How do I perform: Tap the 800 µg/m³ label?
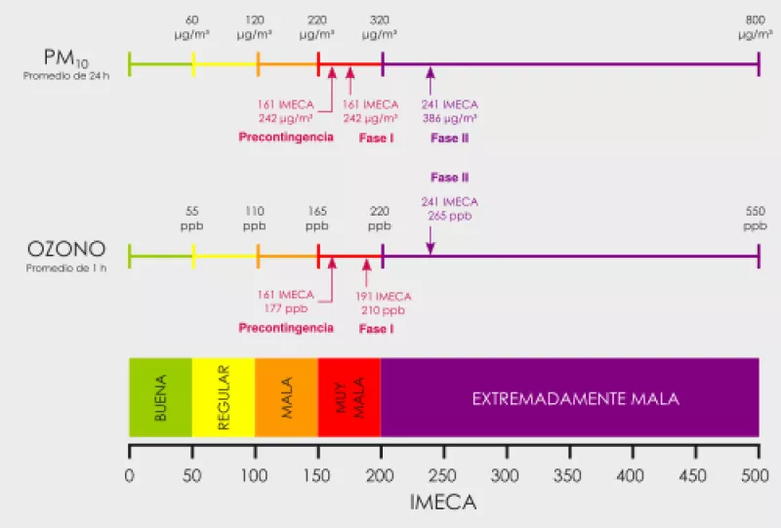tap(755, 26)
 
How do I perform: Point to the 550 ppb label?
tap(755, 219)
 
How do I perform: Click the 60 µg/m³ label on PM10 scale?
tap(192, 26)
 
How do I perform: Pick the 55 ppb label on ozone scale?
tap(192, 219)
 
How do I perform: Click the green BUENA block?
tap(161, 398)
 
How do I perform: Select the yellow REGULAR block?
tap(224, 398)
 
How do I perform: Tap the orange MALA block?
tap(286, 398)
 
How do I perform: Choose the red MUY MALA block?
tap(349, 398)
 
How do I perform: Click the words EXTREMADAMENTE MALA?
tap(575, 399)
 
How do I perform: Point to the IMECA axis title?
tap(443, 504)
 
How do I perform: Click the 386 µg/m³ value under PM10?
tap(450, 118)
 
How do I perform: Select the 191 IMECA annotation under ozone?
tap(384, 296)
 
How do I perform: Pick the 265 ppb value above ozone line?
tap(450, 215)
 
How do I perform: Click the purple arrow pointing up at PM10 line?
tap(431, 77)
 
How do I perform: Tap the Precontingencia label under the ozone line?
tap(286, 328)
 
